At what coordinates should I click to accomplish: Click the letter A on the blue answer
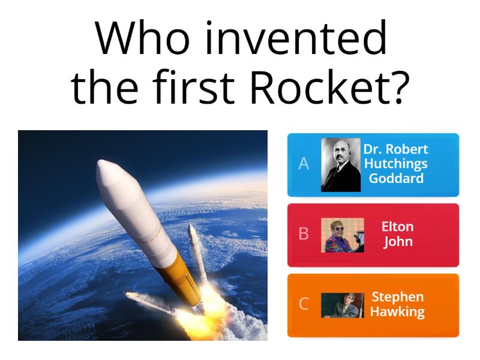tap(304, 164)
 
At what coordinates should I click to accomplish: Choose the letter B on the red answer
tap(304, 234)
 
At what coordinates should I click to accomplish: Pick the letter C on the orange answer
tap(304, 304)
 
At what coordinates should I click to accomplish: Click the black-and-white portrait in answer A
tap(340, 164)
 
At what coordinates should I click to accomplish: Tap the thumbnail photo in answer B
tap(342, 235)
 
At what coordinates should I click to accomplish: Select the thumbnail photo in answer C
tap(342, 305)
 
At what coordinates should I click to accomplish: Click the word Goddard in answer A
tap(396, 178)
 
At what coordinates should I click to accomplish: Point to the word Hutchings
tap(396, 164)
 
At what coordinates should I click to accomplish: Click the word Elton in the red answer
tap(397, 227)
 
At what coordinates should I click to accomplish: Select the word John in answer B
tap(397, 242)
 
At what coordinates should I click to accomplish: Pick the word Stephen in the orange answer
tap(397, 297)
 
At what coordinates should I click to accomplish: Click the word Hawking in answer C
tap(397, 312)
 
